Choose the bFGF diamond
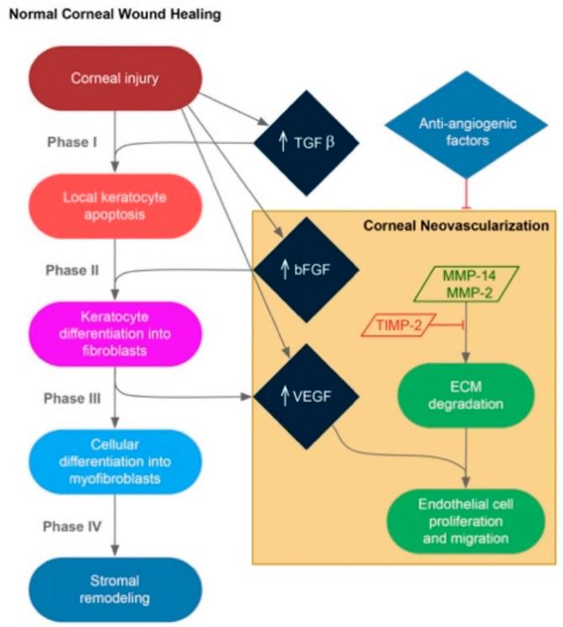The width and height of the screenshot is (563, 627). pyautogui.click(x=306, y=271)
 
